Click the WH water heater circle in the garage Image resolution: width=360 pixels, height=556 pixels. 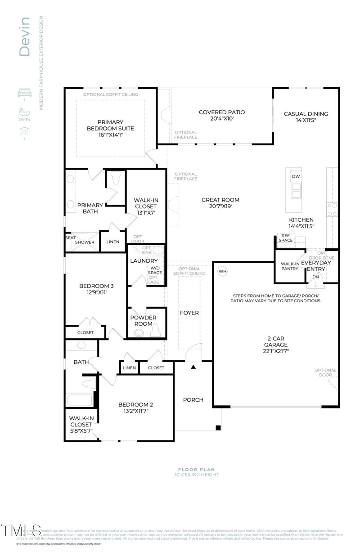coord(222,271)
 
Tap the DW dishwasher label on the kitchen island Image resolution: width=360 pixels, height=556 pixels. coord(296,176)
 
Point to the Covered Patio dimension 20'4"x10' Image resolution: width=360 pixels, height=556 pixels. coord(222,119)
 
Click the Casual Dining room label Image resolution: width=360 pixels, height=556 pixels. coord(306,114)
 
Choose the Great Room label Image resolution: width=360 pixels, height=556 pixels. coord(220,200)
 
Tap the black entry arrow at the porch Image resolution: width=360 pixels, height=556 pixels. coord(193,367)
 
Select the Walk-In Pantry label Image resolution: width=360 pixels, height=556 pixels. coord(290,266)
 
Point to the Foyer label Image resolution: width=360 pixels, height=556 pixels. coord(189,313)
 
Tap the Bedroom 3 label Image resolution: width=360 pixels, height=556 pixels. coord(96,286)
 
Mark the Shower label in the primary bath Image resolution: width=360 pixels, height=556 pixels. coord(85,242)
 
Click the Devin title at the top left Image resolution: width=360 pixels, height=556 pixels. coord(24,36)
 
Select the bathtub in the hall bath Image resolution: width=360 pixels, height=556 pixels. coord(79,400)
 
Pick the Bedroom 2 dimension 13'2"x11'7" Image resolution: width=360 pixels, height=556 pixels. coord(133,411)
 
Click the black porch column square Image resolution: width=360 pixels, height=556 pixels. coord(218,427)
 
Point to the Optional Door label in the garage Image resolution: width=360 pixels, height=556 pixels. coord(325,372)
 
